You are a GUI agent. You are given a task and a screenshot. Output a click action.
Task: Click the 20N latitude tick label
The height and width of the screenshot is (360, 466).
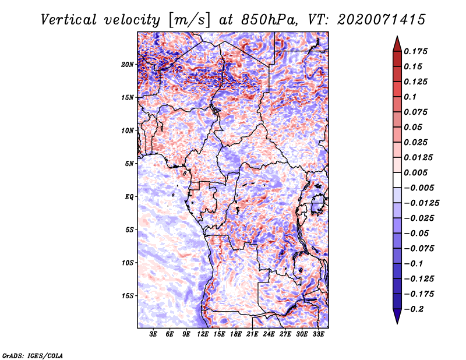(x=128, y=65)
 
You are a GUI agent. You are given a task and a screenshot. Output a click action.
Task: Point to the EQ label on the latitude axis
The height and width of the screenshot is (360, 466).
(x=129, y=197)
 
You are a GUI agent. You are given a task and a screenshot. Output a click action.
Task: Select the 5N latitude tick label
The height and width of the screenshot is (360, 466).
(x=129, y=164)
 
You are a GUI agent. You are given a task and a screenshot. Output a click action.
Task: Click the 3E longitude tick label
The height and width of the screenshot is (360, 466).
(x=153, y=334)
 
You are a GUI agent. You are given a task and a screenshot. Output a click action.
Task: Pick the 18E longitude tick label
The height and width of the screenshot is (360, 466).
(x=236, y=334)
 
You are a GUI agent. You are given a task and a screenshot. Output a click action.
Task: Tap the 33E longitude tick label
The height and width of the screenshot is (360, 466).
(x=318, y=334)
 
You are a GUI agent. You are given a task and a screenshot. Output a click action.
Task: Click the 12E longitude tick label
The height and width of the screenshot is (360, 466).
(x=203, y=334)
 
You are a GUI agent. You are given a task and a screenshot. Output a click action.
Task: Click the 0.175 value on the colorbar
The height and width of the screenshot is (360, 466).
(x=416, y=51)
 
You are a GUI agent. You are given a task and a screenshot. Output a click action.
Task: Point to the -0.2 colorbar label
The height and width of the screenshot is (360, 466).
(x=414, y=309)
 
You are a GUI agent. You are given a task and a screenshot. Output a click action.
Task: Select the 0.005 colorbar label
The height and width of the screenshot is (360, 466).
(x=416, y=172)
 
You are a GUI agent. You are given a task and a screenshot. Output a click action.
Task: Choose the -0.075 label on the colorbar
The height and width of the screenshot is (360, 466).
(x=419, y=249)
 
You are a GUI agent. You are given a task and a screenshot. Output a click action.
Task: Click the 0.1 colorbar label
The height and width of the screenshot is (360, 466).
(x=410, y=97)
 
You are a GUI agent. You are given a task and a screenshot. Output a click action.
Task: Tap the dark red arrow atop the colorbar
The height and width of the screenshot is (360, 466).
(x=397, y=44)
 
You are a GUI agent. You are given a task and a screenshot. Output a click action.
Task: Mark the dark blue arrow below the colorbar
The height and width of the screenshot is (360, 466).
(x=397, y=316)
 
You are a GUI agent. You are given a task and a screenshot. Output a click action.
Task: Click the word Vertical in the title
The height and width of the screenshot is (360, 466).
(x=69, y=20)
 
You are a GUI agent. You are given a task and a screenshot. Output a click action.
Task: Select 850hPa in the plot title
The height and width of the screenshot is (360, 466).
(x=269, y=20)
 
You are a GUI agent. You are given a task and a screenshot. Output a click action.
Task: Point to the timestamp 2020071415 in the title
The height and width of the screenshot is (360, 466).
(x=382, y=20)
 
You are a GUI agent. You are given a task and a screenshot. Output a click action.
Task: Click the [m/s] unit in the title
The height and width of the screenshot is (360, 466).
(x=190, y=20)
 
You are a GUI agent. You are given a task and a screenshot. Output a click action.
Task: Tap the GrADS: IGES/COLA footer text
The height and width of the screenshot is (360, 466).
(x=33, y=355)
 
